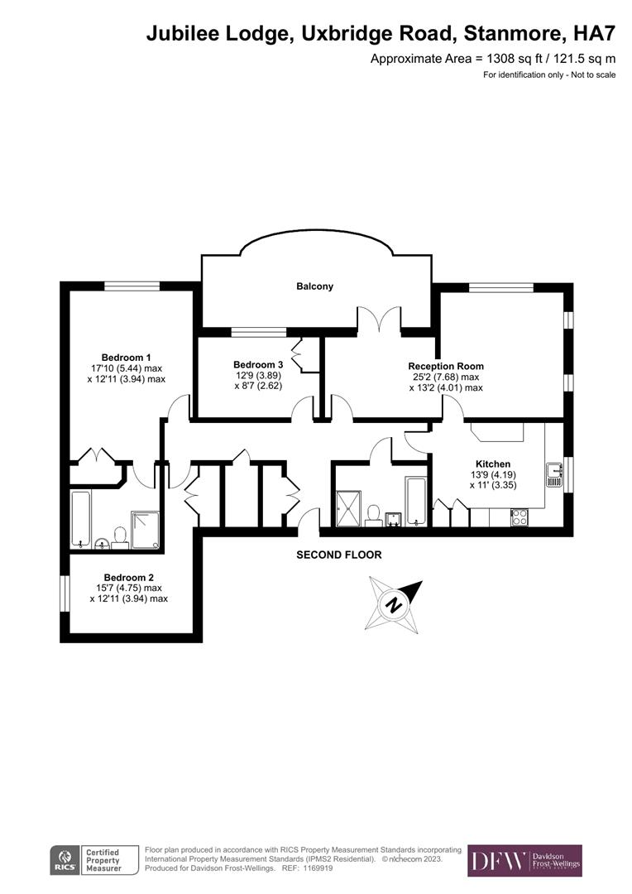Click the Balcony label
(314, 286)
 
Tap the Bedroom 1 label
(126, 358)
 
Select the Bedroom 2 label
(128, 578)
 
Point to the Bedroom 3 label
(258, 365)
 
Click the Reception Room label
(446, 366)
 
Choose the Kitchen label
(493, 464)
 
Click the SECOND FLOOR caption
(339, 555)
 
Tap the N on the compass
(394, 605)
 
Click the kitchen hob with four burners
(519, 517)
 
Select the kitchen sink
(554, 475)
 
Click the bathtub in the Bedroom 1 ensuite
(81, 519)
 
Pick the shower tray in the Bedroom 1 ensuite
(146, 530)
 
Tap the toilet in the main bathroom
(374, 514)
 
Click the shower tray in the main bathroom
(348, 508)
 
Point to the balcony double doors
(380, 319)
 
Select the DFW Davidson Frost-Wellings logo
(524, 860)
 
